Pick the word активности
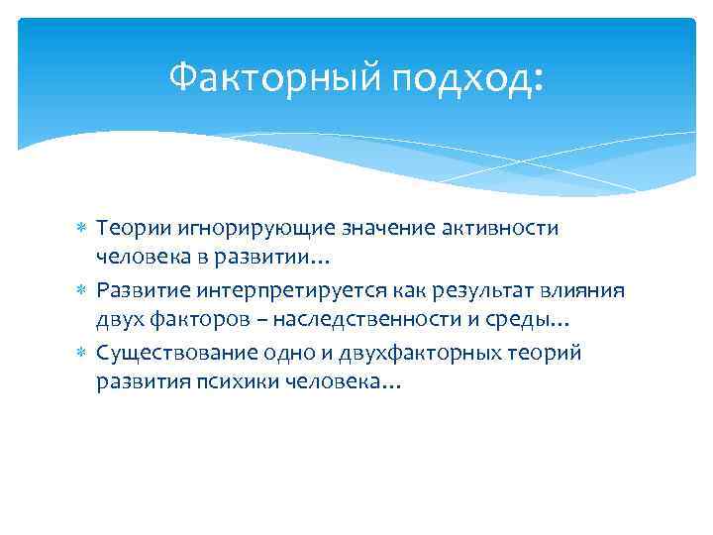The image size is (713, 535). point(507,229)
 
